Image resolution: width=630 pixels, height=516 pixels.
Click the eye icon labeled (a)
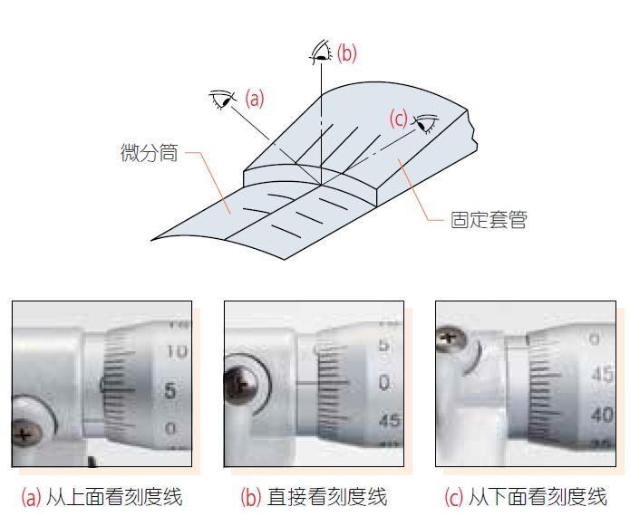[221, 98]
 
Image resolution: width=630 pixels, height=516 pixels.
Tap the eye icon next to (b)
[320, 53]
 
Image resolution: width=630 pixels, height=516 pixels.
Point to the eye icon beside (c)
[426, 123]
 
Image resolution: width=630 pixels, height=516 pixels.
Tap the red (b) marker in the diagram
[347, 53]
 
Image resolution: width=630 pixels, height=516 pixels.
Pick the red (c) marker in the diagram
[398, 118]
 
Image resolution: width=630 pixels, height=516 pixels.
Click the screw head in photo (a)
[27, 434]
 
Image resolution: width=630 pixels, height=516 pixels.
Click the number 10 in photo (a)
[178, 350]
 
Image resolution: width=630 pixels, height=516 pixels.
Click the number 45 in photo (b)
[390, 421]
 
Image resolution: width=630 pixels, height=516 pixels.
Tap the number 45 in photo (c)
[601, 374]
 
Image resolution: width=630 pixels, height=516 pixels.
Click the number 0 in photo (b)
[385, 383]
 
